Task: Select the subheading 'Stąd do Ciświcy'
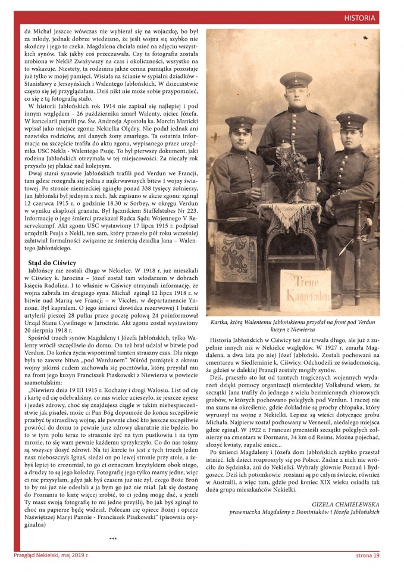(x=52, y=262)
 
